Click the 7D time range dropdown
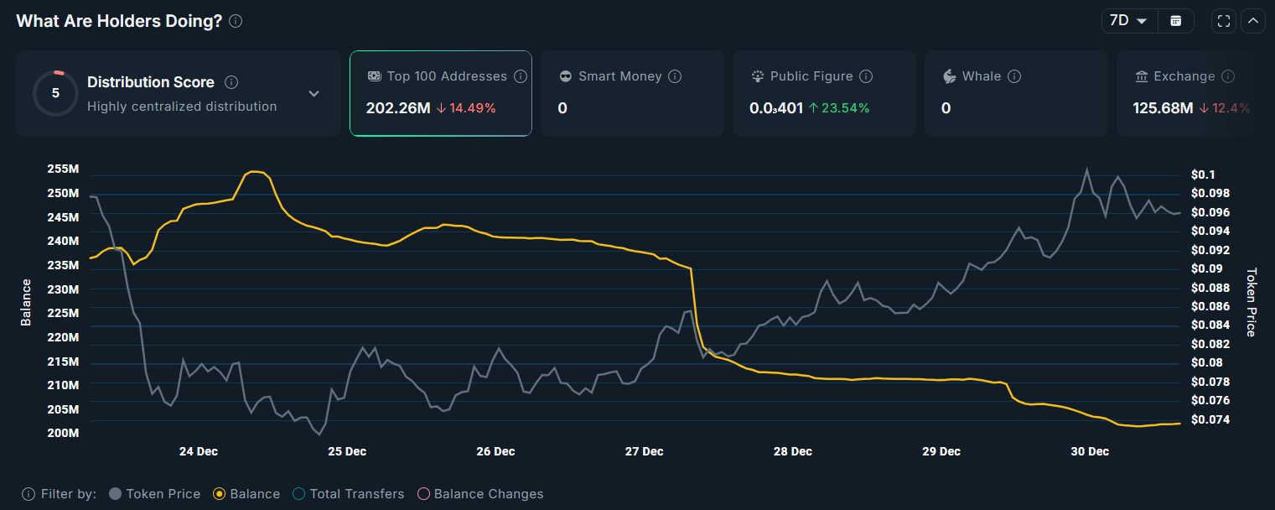click(1128, 21)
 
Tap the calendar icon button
click(1176, 21)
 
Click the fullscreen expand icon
click(1223, 21)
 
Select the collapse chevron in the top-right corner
click(1253, 21)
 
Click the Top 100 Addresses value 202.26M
click(397, 108)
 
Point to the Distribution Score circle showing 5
click(55, 93)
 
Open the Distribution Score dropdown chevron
click(314, 93)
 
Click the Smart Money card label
click(619, 76)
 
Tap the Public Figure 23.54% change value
click(838, 108)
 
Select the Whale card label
click(981, 76)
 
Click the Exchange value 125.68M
click(1163, 108)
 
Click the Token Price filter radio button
click(116, 494)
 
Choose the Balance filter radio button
click(220, 494)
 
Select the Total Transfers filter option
click(300, 494)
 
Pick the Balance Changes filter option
click(423, 494)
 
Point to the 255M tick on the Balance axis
click(63, 169)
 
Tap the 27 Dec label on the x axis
click(644, 451)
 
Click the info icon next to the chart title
click(236, 21)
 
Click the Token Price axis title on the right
click(1251, 302)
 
